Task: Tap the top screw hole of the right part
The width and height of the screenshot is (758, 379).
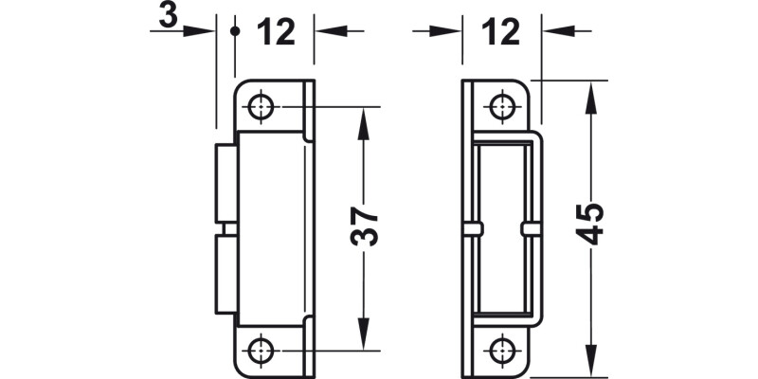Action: point(501,106)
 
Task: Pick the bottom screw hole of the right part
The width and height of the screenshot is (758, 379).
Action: point(501,349)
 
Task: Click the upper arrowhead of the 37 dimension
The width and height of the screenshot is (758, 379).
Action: point(362,117)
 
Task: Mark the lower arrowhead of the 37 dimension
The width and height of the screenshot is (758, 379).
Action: point(362,337)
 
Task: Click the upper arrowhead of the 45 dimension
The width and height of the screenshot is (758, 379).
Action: point(590,92)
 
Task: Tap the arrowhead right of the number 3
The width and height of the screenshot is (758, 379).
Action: point(201,31)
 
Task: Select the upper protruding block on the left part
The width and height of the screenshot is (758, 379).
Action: point(226,185)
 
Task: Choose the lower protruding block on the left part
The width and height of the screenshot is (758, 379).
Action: point(226,275)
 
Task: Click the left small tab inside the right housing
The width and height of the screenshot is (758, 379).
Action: point(473,229)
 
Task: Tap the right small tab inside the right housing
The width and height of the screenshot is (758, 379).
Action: point(530,229)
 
